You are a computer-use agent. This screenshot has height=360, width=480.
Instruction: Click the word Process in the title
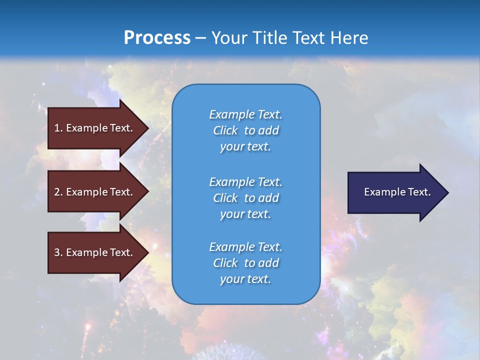157,38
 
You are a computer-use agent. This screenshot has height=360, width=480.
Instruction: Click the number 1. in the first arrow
58,128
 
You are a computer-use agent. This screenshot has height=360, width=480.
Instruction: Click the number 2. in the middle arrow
58,192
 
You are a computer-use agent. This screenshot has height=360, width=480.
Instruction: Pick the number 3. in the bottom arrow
58,252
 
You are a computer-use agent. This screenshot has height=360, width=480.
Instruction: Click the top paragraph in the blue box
245,130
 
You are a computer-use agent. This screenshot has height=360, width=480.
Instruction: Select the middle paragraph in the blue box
245,198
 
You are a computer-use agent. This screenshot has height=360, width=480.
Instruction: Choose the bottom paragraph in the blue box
245,263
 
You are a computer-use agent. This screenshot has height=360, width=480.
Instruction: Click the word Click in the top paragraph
225,130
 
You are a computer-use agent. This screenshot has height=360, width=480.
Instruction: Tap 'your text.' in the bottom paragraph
245,279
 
